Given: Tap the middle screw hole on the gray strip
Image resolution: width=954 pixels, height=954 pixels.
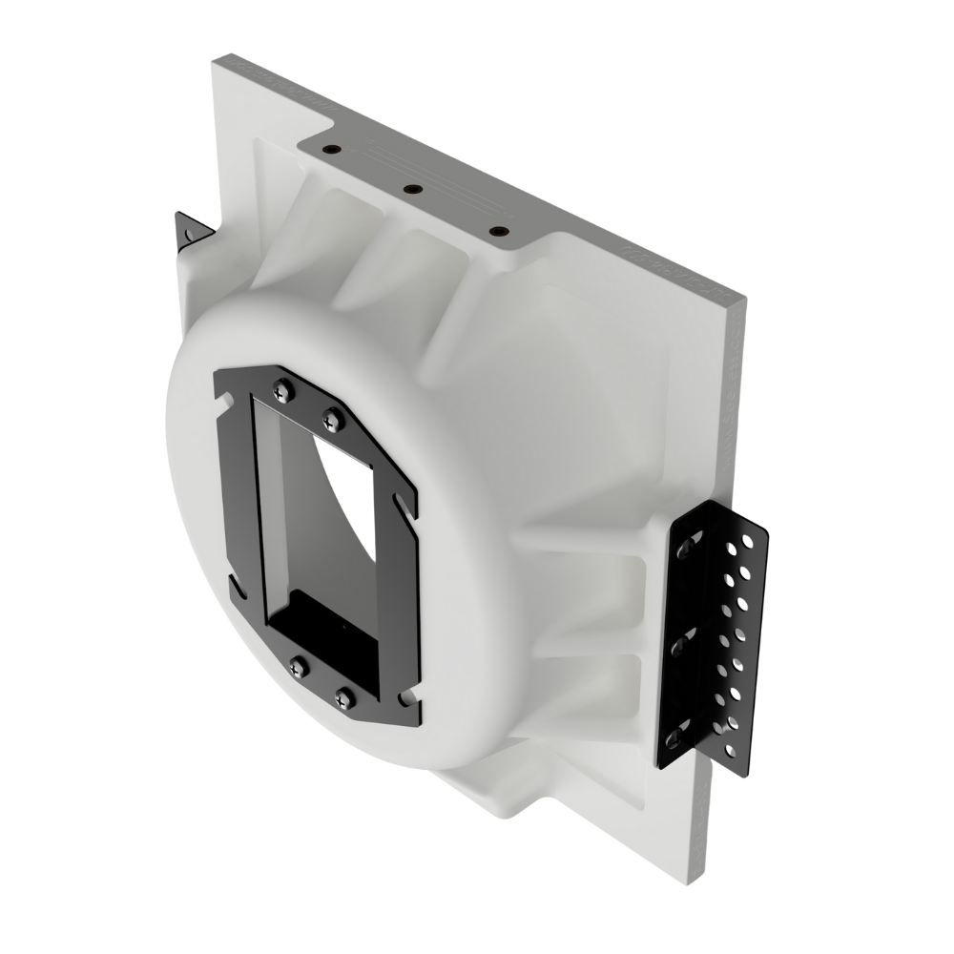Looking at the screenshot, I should pyautogui.click(x=412, y=190).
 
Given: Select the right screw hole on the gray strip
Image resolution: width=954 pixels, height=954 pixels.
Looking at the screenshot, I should pyautogui.click(x=496, y=231).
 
